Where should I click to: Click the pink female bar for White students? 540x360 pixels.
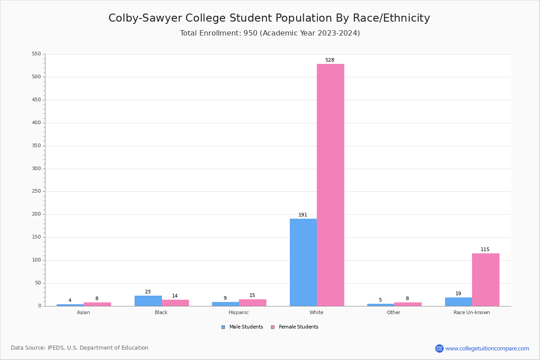click(330, 184)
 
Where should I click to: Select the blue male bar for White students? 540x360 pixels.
click(303, 262)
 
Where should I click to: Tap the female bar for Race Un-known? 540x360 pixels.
click(486, 279)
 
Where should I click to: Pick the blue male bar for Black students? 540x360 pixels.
click(148, 301)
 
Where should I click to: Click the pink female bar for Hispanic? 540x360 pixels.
click(252, 302)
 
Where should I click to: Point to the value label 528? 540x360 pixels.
click(330, 60)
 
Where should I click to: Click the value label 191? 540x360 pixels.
click(303, 215)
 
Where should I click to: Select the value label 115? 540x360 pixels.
click(485, 250)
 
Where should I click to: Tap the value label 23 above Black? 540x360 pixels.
click(148, 292)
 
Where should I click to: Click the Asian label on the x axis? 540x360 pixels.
click(83, 312)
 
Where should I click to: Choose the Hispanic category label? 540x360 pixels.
click(238, 312)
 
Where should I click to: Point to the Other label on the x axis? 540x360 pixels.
click(394, 312)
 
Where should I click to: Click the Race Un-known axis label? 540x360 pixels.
click(472, 312)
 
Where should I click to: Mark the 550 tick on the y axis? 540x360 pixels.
click(36, 54)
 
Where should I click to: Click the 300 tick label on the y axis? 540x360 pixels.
click(36, 169)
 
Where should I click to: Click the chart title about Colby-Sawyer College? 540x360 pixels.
click(269, 18)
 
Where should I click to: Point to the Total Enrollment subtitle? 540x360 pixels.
click(270, 33)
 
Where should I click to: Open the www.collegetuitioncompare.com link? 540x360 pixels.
click(487, 348)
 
